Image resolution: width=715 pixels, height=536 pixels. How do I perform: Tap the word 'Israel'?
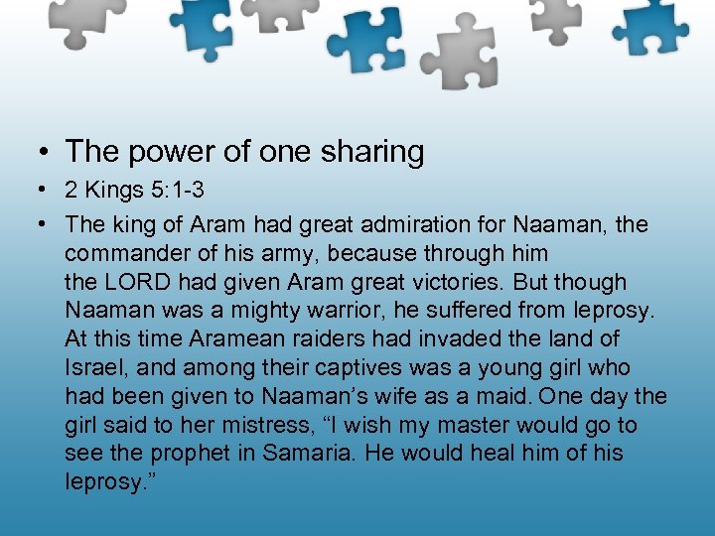tap(96, 368)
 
